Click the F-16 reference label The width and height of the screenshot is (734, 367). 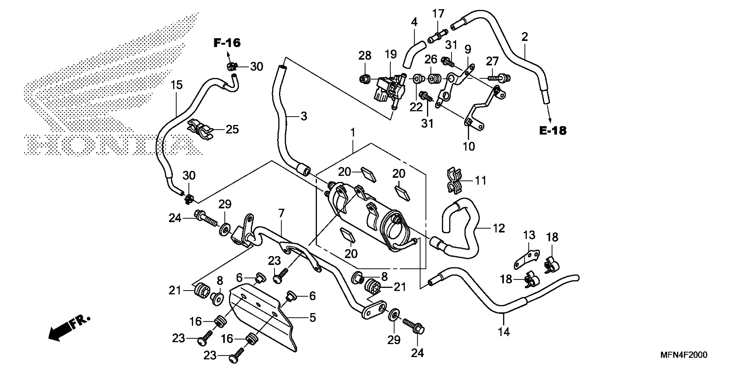pyautogui.click(x=227, y=43)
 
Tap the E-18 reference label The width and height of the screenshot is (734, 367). pyautogui.click(x=553, y=131)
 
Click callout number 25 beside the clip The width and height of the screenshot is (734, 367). pyautogui.click(x=232, y=129)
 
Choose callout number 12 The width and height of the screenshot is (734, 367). pyautogui.click(x=499, y=228)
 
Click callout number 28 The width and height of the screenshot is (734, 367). pyautogui.click(x=365, y=55)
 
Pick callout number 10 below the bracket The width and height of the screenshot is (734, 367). pyautogui.click(x=469, y=146)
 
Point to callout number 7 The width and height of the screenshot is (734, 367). pyautogui.click(x=281, y=213)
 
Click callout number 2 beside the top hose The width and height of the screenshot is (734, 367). pyautogui.click(x=525, y=37)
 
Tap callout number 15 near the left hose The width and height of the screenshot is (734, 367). pyautogui.click(x=177, y=85)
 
